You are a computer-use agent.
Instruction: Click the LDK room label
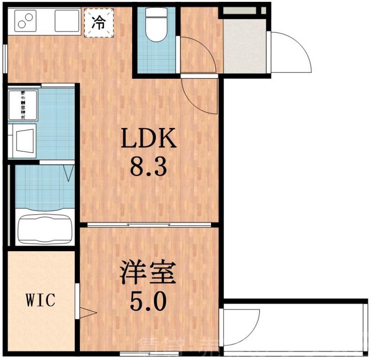coord(149,139)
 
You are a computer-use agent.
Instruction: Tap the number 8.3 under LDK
coord(148,167)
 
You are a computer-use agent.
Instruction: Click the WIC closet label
coord(40,300)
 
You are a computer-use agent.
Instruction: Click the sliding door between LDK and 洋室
coord(148,225)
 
